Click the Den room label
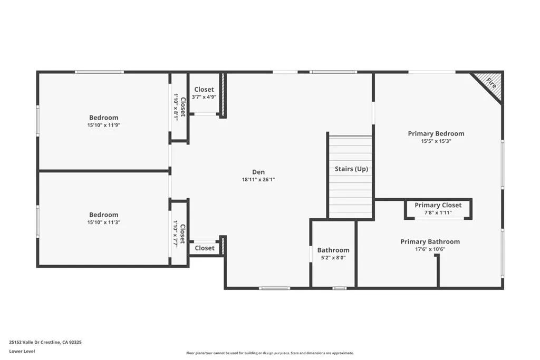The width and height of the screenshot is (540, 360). click(258, 172)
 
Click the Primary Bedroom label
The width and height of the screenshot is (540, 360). click(436, 133)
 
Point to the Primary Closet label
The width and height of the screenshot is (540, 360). click(438, 205)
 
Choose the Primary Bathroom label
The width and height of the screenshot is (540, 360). click(430, 241)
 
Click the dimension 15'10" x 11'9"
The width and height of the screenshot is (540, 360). click(103, 125)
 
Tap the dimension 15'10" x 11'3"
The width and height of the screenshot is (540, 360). click(103, 222)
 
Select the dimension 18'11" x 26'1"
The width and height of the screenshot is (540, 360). click(258, 180)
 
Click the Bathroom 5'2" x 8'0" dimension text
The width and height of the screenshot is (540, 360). click(333, 258)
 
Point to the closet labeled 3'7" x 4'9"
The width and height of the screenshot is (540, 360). click(204, 97)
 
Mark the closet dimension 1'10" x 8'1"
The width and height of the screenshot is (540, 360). click(176, 107)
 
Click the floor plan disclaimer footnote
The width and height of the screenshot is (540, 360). click(269, 353)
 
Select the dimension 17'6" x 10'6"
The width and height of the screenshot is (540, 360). click(430, 249)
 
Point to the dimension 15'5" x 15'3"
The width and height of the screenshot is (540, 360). click(436, 141)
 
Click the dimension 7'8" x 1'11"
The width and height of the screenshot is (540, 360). click(438, 212)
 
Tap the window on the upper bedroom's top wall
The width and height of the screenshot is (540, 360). click(99, 72)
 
